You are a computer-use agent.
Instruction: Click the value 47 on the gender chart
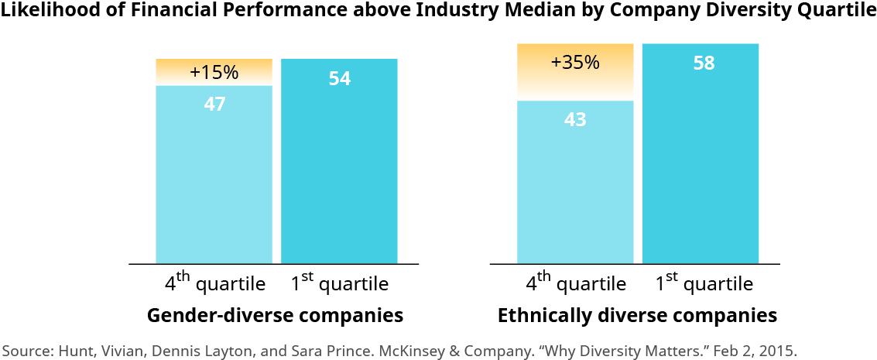click(214, 105)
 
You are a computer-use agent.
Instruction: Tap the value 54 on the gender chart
click(340, 78)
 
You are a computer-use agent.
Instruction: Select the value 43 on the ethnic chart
click(575, 120)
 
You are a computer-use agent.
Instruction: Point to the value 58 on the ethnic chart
click(703, 63)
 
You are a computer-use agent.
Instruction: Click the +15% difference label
click(214, 73)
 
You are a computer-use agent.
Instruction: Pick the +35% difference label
click(575, 63)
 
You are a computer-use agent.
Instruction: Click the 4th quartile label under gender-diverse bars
click(214, 283)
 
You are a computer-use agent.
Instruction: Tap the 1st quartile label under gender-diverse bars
click(339, 283)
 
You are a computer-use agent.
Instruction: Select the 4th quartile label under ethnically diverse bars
click(575, 283)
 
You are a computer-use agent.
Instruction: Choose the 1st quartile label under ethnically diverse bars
click(704, 283)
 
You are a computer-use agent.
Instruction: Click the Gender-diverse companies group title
click(275, 316)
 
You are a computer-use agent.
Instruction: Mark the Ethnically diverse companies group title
click(637, 316)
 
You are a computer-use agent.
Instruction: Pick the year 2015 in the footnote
click(779, 350)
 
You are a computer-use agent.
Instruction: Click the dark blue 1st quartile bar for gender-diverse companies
click(339, 170)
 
